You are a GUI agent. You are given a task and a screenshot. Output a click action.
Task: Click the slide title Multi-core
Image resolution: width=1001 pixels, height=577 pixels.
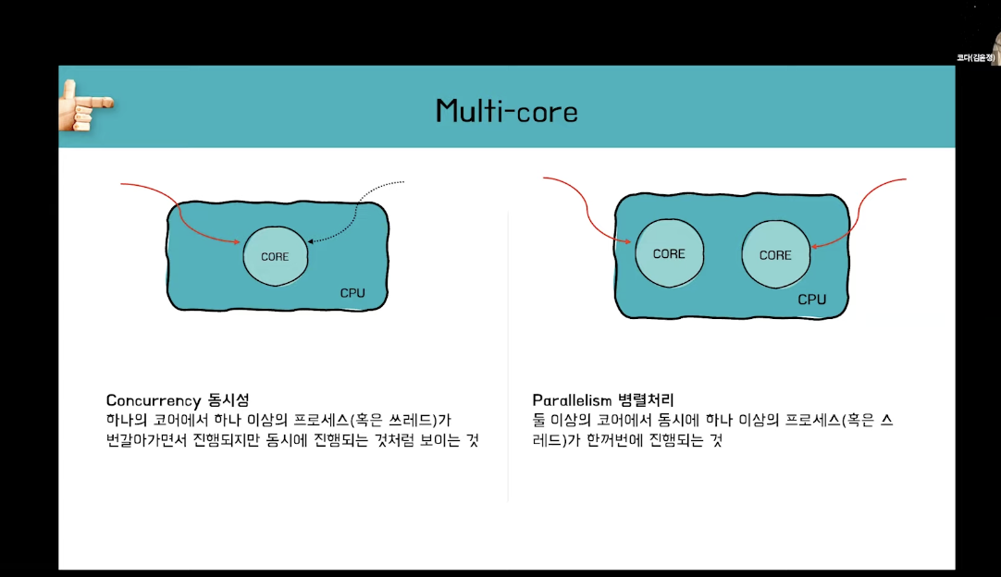(x=506, y=111)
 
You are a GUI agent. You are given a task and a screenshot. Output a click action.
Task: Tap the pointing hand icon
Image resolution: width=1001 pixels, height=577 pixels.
(x=82, y=104)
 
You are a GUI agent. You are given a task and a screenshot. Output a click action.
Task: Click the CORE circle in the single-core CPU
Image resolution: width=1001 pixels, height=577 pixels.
(x=275, y=256)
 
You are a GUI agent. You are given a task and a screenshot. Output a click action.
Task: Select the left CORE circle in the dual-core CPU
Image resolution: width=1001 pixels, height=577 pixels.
(x=669, y=253)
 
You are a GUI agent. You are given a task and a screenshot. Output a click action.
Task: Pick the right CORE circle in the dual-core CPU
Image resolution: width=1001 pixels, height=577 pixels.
(x=775, y=254)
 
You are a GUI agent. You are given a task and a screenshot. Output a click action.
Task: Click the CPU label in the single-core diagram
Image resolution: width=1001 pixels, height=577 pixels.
(x=352, y=293)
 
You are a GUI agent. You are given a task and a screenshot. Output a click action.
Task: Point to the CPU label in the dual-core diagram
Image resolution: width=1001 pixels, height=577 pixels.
(x=811, y=300)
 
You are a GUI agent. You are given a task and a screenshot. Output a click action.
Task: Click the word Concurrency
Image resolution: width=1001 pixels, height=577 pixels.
(x=154, y=400)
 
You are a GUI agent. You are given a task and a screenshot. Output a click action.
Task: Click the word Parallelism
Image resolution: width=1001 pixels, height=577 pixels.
(x=572, y=399)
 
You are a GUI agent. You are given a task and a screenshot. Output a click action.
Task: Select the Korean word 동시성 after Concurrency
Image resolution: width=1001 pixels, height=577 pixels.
(x=228, y=400)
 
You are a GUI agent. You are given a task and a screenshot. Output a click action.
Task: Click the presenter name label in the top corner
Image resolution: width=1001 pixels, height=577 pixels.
(x=975, y=57)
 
